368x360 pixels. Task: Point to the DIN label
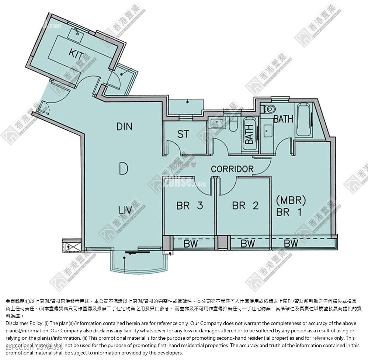click(124, 127)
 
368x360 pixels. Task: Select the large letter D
click(124, 169)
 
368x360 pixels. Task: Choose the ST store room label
click(183, 134)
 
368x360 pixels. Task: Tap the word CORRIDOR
click(232, 169)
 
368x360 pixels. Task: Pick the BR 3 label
click(190, 206)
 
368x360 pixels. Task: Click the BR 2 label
click(245, 206)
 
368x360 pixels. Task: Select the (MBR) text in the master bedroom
click(291, 200)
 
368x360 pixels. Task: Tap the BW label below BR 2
click(248, 243)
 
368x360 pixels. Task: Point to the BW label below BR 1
click(291, 243)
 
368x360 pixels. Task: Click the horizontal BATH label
click(283, 119)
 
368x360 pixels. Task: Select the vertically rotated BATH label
click(249, 134)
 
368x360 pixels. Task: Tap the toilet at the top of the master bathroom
click(270, 108)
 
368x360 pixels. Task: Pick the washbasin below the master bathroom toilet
click(268, 129)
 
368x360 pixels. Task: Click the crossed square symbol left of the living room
click(69, 245)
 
